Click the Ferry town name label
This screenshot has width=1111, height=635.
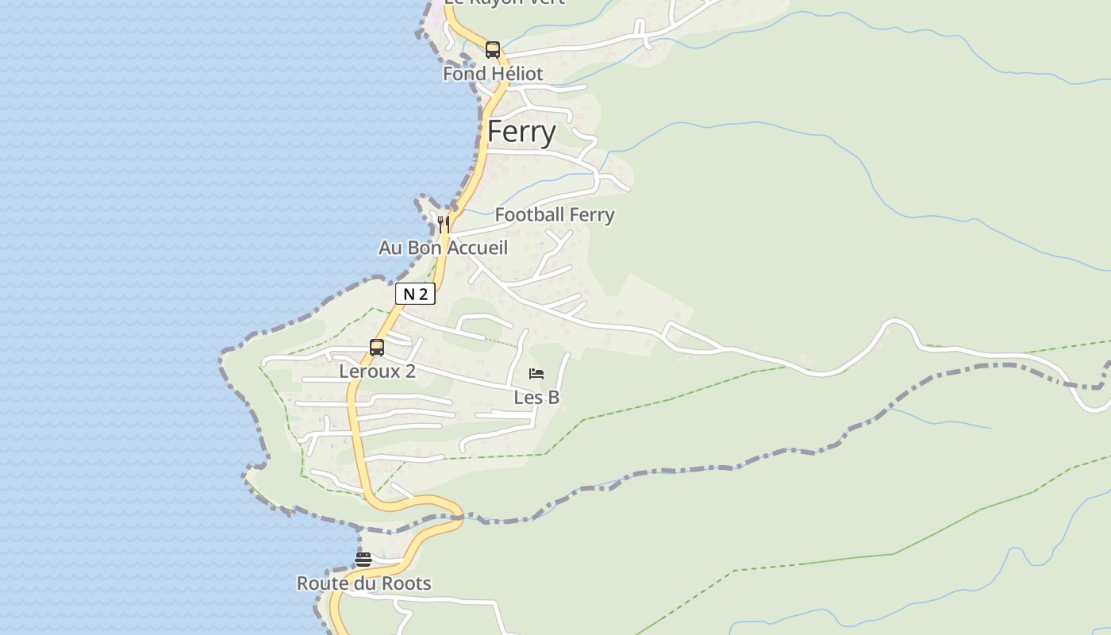(x=521, y=132)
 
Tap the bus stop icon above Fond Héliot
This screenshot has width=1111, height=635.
(x=493, y=50)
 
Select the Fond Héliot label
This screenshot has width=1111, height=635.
(x=493, y=74)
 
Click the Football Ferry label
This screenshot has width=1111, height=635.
(x=555, y=215)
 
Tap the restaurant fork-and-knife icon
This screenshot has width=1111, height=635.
(x=444, y=225)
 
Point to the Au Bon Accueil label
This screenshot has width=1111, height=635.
(x=443, y=248)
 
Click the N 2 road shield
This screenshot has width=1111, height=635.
(x=415, y=294)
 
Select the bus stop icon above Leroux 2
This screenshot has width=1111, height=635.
(x=377, y=348)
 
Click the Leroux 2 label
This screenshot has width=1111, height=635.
(x=377, y=371)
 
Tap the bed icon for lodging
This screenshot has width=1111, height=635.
(x=536, y=374)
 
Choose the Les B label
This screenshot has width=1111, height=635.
(x=536, y=398)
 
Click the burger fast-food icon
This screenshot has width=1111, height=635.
(x=363, y=560)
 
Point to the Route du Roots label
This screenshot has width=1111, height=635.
(x=363, y=583)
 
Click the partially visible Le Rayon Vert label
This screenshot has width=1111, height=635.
(x=504, y=2)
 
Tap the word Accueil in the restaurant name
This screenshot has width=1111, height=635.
(x=477, y=248)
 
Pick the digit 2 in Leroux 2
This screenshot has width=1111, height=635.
(x=409, y=371)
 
